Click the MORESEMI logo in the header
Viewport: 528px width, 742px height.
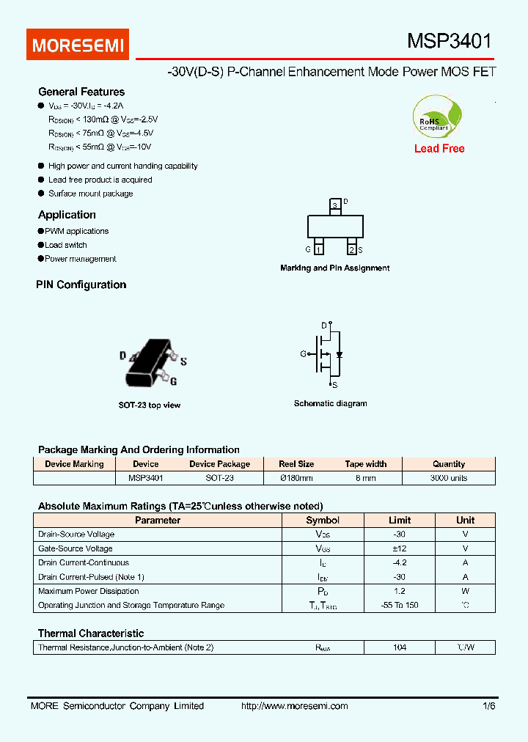78,45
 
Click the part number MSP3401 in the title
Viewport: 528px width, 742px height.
449,42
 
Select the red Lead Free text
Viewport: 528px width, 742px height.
439,149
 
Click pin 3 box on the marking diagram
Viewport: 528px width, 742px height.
335,206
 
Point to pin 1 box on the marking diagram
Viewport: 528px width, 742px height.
319,250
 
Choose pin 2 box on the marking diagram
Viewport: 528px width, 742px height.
352,250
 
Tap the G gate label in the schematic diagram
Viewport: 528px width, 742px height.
303,354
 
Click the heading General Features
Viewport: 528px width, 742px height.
81,92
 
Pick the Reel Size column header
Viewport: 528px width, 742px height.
296,464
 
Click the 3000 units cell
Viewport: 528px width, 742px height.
449,478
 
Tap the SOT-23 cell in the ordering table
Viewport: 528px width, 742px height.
219,478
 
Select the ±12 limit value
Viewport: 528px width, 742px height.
399,548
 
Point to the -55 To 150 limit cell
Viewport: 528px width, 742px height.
399,606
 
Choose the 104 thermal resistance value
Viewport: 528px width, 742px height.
399,647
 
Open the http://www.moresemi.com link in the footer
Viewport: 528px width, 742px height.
295,706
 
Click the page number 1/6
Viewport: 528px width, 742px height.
488,706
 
